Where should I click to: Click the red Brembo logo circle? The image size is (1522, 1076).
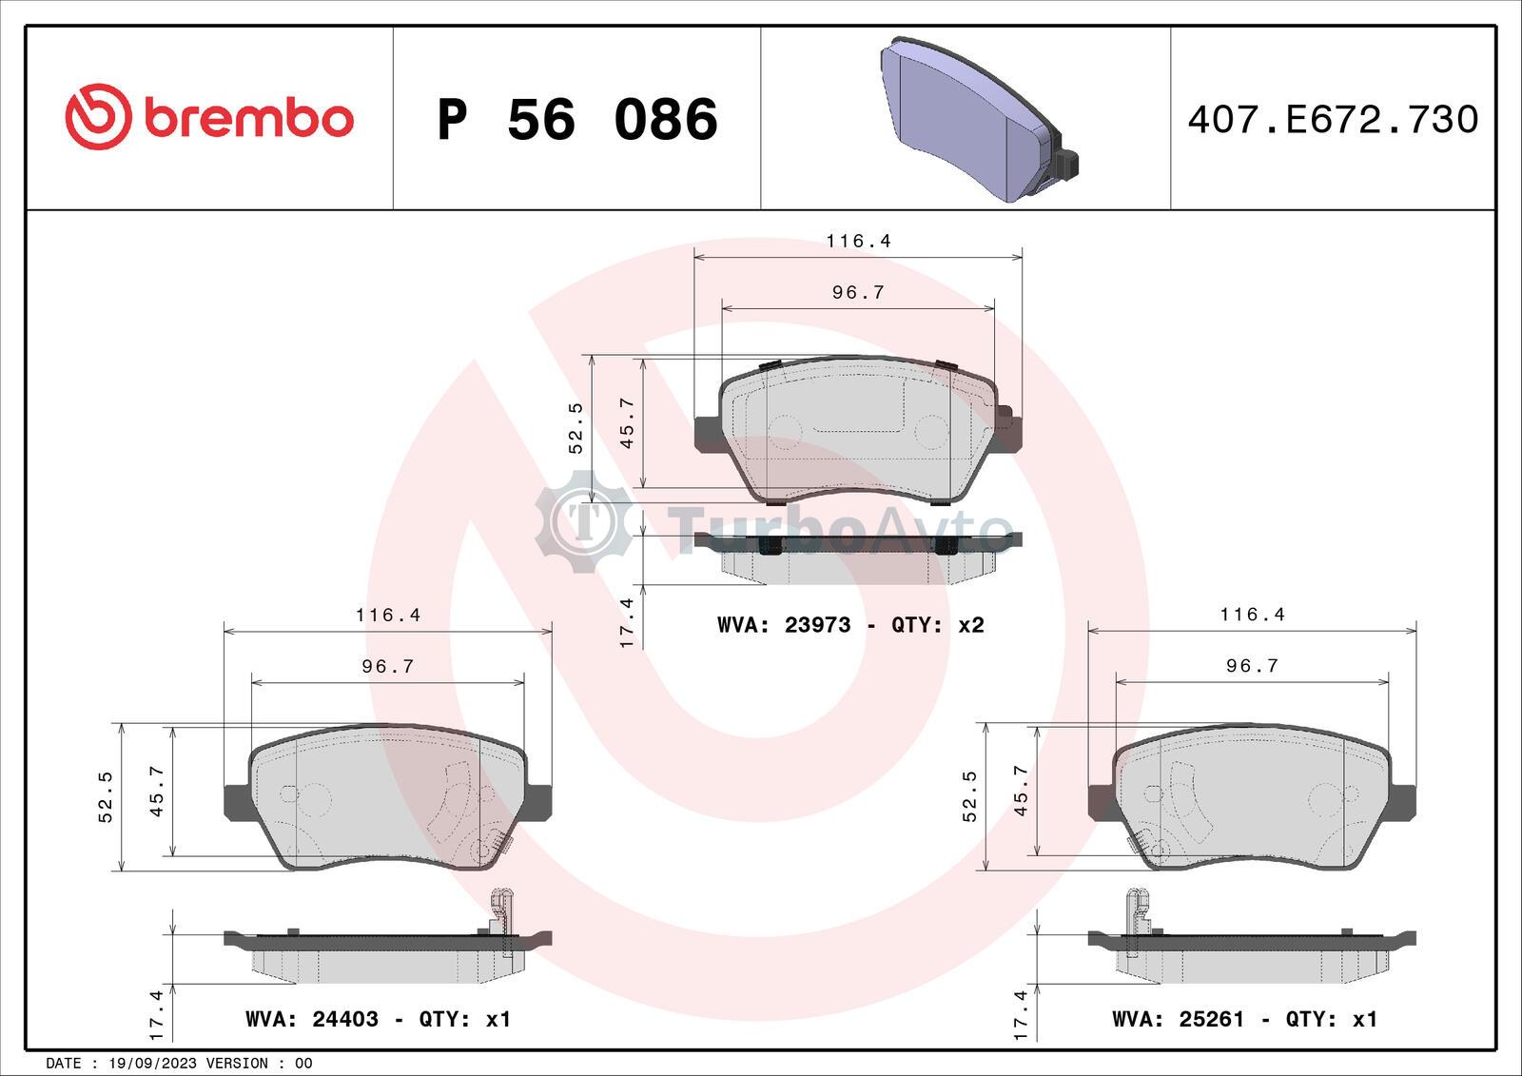pyautogui.click(x=98, y=117)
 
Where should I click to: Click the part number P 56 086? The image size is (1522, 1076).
pyautogui.click(x=577, y=120)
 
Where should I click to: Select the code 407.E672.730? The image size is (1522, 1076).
pyautogui.click(x=1333, y=120)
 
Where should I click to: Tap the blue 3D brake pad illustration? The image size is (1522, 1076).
pyautogui.click(x=979, y=120)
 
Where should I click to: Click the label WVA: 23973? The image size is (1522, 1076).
pyautogui.click(x=784, y=625)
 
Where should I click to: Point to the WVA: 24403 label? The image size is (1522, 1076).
pyautogui.click(x=312, y=1019)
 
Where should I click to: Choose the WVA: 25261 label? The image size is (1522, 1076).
pyautogui.click(x=1179, y=1019)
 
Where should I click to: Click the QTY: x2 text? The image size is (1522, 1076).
pyautogui.click(x=938, y=625)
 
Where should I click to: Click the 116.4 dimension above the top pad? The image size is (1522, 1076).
pyautogui.click(x=858, y=242)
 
